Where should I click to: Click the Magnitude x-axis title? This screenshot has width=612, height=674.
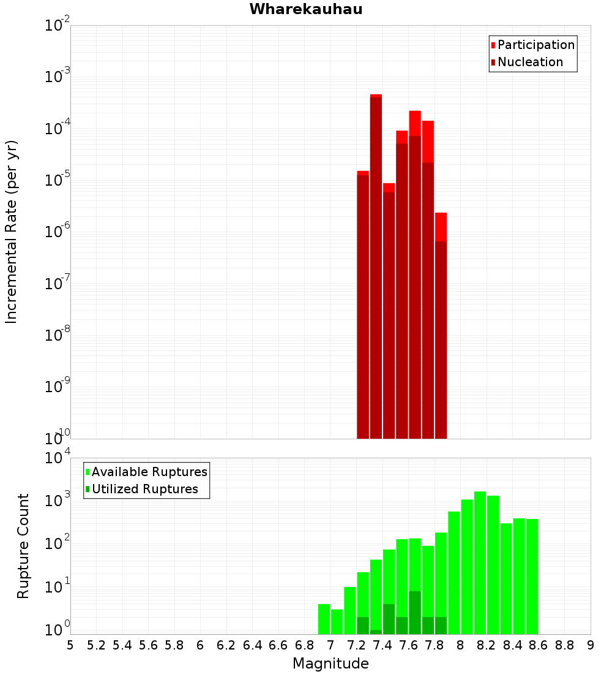tap(330, 664)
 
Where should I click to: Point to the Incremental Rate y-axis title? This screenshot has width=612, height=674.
tap(12, 232)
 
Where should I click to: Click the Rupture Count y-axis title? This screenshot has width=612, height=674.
tap(23, 546)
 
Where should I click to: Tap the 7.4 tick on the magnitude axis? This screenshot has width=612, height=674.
tap(382, 645)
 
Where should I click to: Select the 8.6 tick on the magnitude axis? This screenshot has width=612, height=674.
tap(539, 645)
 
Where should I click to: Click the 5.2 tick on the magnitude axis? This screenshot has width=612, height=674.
tap(96, 645)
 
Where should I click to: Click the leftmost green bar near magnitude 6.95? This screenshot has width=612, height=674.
tap(324, 619)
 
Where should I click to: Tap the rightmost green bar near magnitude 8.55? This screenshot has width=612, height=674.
tap(532, 576)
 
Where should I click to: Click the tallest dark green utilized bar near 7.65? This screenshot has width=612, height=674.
tap(415, 613)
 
